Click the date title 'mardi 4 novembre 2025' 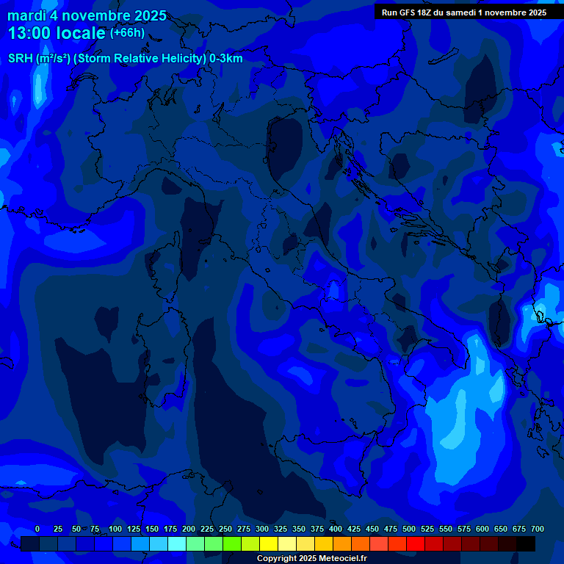pyautogui.click(x=87, y=15)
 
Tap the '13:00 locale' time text pyautogui.click(x=57, y=33)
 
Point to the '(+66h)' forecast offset pyautogui.click(x=127, y=33)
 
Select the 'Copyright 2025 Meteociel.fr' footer pyautogui.click(x=311, y=559)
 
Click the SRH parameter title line pyautogui.click(x=125, y=59)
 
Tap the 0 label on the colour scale pyautogui.click(x=37, y=529)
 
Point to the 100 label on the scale pyautogui.click(x=115, y=529)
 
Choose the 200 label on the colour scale pyautogui.click(x=189, y=529)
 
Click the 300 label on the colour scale pyautogui.click(x=262, y=529)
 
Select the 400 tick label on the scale pyautogui.click(x=336, y=529)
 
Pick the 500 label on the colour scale pyautogui.click(x=409, y=529)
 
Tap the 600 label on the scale pyautogui.click(x=482, y=529)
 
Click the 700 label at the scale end pyautogui.click(x=538, y=529)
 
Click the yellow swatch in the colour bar pyautogui.click(x=269, y=543)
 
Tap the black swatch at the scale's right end pyautogui.click(x=526, y=543)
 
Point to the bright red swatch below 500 pyautogui.click(x=416, y=543)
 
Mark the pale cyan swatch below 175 pyautogui.click(x=177, y=543)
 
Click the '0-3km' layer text pyautogui.click(x=226, y=59)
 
